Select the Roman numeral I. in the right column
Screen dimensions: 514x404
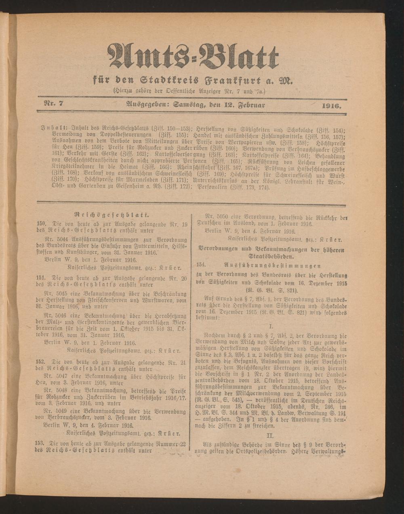pos(271,325)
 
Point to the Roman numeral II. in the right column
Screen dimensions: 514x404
pos(270,435)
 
